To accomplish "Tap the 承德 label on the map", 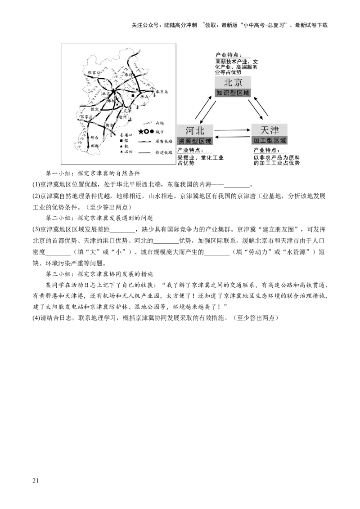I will (130, 75).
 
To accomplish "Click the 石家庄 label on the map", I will (85, 116).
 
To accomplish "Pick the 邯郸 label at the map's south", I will (94, 146).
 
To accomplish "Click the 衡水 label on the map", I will (108, 125).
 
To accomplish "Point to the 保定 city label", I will (94, 109).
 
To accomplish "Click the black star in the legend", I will (141, 131).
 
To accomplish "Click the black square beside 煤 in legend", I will (121, 141).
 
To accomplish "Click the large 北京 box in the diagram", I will (233, 83).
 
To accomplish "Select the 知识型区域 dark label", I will (233, 93).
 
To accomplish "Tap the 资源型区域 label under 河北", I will (194, 140).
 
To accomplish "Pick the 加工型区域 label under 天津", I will (269, 140).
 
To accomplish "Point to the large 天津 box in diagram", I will (269, 130).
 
